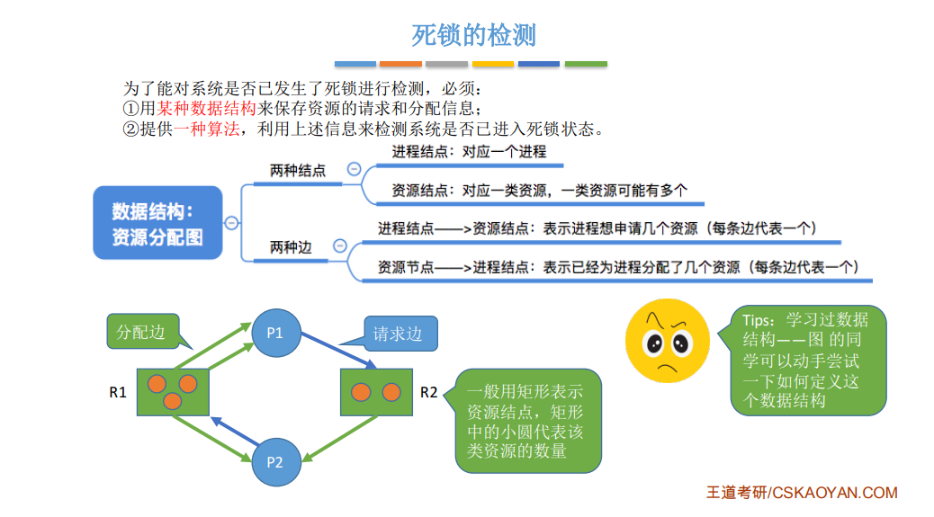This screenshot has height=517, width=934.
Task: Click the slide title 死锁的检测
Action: click(x=473, y=35)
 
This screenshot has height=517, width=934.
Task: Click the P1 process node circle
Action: click(x=274, y=334)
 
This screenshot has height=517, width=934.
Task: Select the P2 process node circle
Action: click(x=274, y=462)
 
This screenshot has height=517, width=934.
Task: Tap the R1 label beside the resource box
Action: click(x=117, y=393)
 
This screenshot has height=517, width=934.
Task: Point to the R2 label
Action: click(x=429, y=393)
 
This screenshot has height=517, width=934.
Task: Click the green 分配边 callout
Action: click(x=141, y=332)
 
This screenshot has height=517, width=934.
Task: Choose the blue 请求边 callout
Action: click(x=397, y=334)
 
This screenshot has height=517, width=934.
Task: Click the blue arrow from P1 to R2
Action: click(x=337, y=350)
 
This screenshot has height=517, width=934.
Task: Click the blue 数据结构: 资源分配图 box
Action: click(x=157, y=224)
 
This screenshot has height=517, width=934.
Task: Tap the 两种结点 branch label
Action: click(x=297, y=170)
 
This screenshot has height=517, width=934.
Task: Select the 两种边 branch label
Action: click(x=291, y=246)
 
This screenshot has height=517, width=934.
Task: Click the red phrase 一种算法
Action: click(x=208, y=129)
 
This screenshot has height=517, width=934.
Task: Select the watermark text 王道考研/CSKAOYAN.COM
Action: click(x=802, y=493)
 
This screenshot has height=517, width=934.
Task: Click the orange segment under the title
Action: click(x=400, y=64)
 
